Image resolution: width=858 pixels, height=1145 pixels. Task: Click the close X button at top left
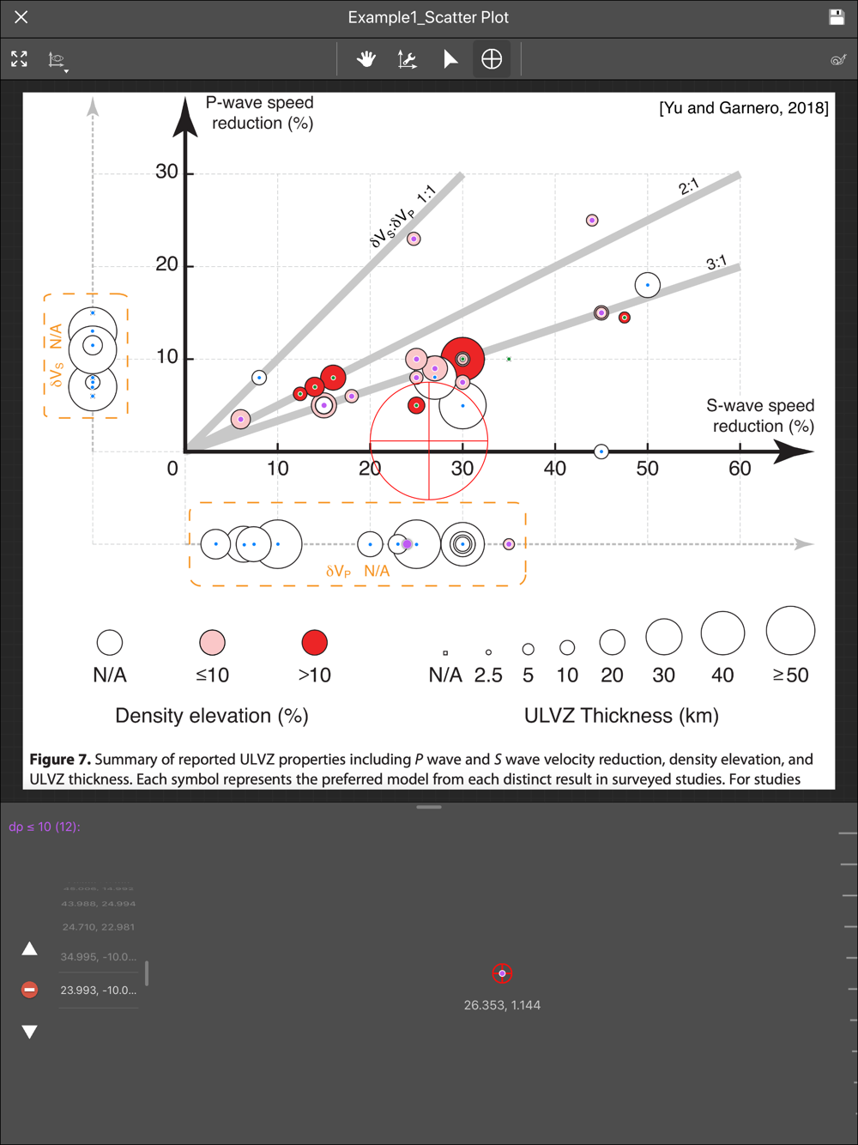[x=21, y=17]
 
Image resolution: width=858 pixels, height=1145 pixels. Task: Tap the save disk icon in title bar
[x=837, y=17]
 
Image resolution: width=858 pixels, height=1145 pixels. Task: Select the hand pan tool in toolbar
[x=366, y=59]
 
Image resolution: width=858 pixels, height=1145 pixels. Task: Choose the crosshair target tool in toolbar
[x=492, y=59]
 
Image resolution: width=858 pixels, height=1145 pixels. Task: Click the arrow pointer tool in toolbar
[x=450, y=59]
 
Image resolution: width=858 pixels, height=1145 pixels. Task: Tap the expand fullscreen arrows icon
[x=19, y=59]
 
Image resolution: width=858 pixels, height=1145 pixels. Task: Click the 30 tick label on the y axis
[x=166, y=172]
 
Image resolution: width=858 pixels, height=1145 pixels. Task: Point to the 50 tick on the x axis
[x=647, y=469]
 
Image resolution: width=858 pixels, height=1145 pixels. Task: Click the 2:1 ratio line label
[x=689, y=186]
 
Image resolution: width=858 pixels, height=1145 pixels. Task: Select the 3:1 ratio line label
[x=716, y=263]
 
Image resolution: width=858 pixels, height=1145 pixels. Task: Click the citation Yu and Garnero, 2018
[x=743, y=108]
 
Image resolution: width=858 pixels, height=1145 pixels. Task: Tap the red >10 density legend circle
[x=315, y=642]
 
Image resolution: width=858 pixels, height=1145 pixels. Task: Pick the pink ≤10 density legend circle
[x=212, y=642]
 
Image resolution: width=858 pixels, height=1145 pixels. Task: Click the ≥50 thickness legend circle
[x=790, y=631]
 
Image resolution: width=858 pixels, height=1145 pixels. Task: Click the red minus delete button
[x=29, y=990]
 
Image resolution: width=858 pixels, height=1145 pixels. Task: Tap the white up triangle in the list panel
[x=29, y=948]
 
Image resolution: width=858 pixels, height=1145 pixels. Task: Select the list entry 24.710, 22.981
[x=98, y=927]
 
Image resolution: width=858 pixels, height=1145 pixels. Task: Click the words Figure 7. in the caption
[x=59, y=760]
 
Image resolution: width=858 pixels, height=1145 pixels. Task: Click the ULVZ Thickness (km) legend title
[x=621, y=716]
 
